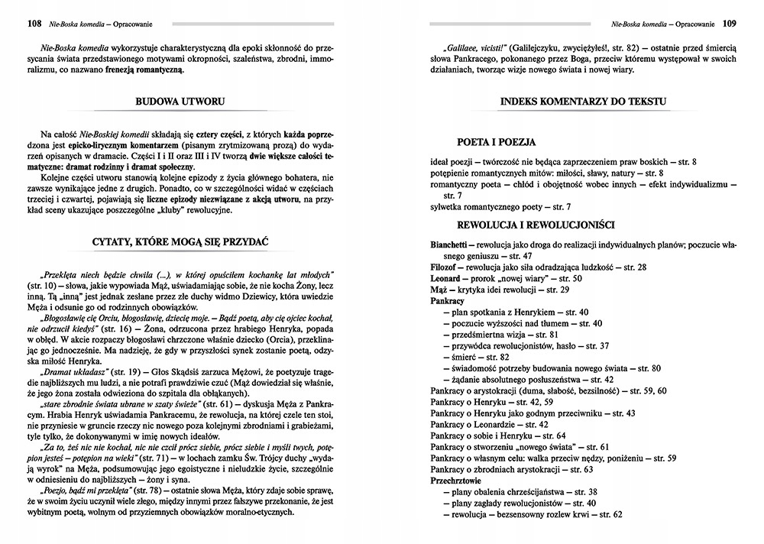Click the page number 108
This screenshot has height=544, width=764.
(x=33, y=24)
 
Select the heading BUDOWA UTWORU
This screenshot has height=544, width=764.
(x=180, y=100)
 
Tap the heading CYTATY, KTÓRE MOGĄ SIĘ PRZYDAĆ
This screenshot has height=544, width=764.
(x=180, y=242)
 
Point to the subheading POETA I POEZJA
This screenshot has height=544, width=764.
(x=496, y=142)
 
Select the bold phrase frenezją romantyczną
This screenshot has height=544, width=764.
(x=144, y=70)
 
